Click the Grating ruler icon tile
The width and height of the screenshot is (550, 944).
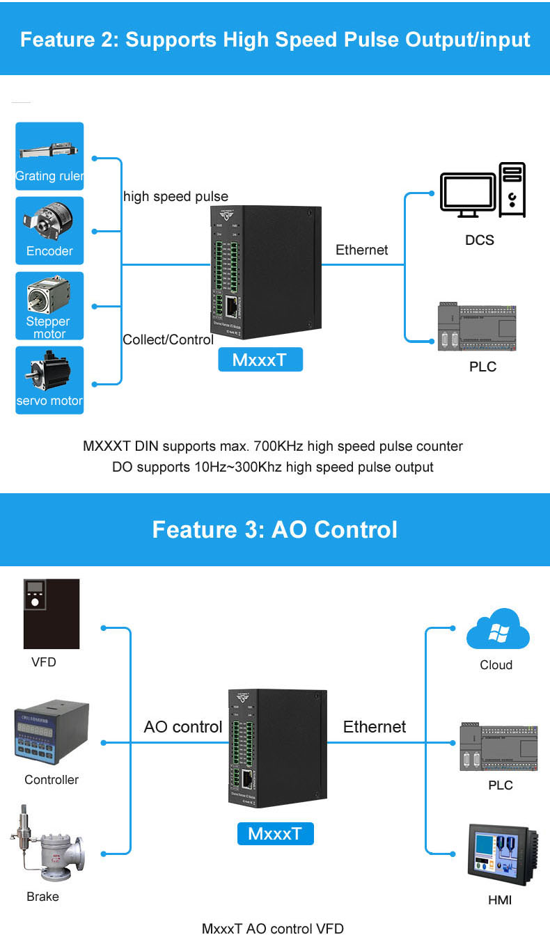49,156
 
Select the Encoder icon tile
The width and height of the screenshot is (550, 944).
49,230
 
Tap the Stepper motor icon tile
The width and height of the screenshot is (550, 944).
49,305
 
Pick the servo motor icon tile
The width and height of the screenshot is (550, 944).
49,380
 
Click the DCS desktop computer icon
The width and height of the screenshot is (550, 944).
482,190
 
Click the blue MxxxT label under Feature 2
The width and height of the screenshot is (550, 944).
260,360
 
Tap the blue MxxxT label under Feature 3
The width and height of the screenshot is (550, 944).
275,833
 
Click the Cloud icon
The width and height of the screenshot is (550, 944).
497,630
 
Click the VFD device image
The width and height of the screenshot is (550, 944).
52,614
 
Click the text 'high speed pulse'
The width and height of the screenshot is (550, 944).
175,196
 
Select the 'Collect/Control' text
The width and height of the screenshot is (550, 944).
168,339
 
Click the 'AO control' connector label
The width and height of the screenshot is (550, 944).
183,727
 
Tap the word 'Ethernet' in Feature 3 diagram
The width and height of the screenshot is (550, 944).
374,727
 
